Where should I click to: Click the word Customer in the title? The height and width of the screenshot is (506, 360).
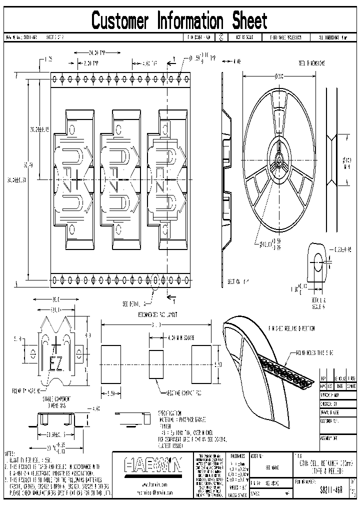(x=120, y=21)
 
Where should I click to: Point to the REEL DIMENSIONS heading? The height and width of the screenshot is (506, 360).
(x=311, y=63)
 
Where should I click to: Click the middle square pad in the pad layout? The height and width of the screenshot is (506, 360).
(x=156, y=363)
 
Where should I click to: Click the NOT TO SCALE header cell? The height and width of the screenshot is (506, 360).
(x=247, y=37)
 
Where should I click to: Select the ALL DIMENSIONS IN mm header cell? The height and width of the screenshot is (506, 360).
(x=332, y=37)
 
